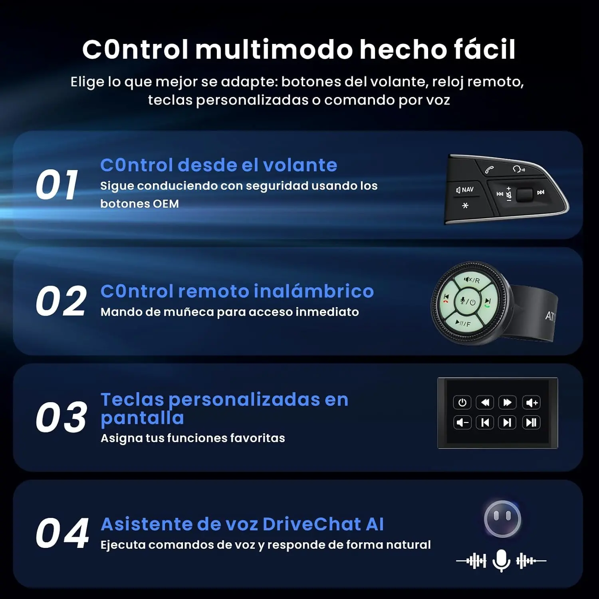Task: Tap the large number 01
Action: pyautogui.click(x=57, y=184)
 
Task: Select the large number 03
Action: pyautogui.click(x=61, y=418)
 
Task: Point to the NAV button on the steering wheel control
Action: pyautogui.click(x=465, y=190)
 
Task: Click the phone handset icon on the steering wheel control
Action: pyautogui.click(x=489, y=170)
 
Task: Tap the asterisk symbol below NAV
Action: pyautogui.click(x=465, y=206)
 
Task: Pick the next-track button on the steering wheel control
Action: pyautogui.click(x=541, y=192)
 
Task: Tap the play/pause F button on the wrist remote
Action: pyautogui.click(x=463, y=323)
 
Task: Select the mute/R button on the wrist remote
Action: pyautogui.click(x=472, y=280)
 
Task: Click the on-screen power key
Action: pyautogui.click(x=462, y=403)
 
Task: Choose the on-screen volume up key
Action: pyautogui.click(x=532, y=403)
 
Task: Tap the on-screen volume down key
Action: pyautogui.click(x=462, y=422)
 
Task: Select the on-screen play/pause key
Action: pyautogui.click(x=532, y=422)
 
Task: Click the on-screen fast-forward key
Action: pyautogui.click(x=508, y=403)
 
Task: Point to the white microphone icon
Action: pyautogui.click(x=501, y=560)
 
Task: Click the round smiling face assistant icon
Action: pyautogui.click(x=502, y=519)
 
